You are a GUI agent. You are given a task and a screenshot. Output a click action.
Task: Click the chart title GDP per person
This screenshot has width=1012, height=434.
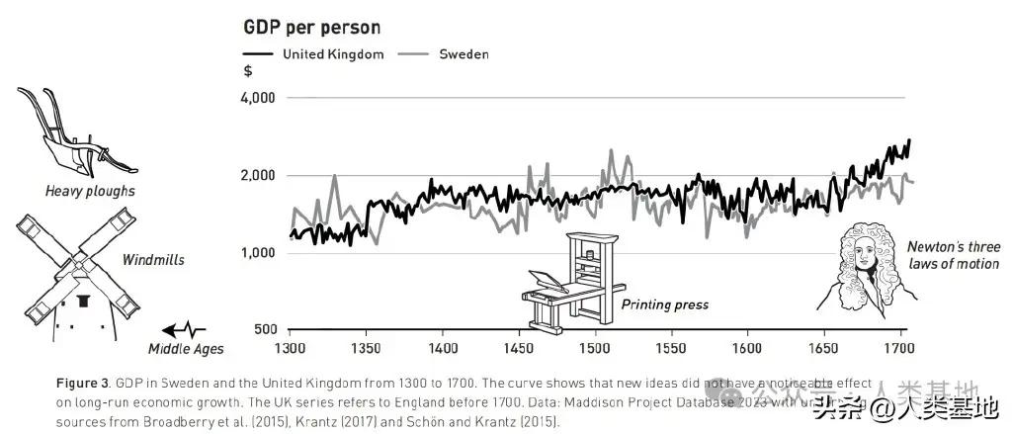click(311, 27)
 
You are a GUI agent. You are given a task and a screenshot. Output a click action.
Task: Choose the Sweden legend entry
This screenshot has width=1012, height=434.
click(464, 54)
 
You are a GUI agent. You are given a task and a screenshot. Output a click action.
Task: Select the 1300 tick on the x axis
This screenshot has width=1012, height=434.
click(290, 349)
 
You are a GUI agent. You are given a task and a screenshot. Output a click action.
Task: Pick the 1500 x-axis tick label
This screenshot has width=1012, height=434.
click(595, 349)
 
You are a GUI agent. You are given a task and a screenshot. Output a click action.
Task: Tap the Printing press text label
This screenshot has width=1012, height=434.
click(664, 304)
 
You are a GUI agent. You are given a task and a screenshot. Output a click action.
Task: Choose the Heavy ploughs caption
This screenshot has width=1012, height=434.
click(89, 191)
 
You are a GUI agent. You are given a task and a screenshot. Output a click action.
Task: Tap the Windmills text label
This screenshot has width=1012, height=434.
click(153, 260)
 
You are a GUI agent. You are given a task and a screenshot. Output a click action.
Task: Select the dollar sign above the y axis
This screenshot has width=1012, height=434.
click(247, 71)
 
